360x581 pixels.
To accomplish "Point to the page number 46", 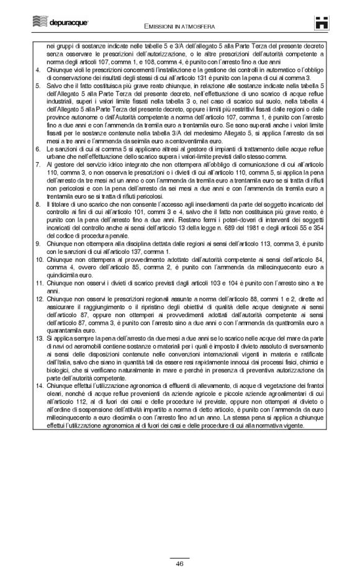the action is (x=179, y=564).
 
